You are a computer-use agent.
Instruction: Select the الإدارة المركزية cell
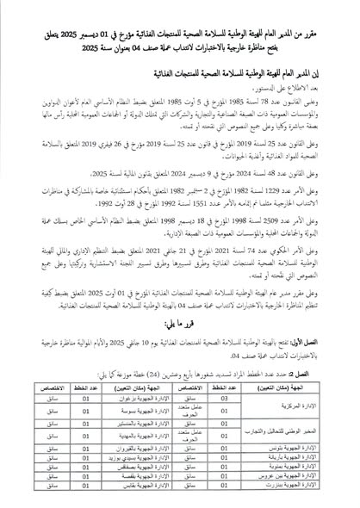pyautogui.click(x=296, y=400)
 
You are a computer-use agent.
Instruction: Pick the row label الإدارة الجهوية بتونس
pyautogui.click(x=296, y=449)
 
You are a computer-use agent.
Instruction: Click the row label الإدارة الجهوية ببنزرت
pyautogui.click(x=296, y=498)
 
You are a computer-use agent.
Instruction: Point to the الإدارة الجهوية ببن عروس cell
pyautogui.click(x=296, y=486)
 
